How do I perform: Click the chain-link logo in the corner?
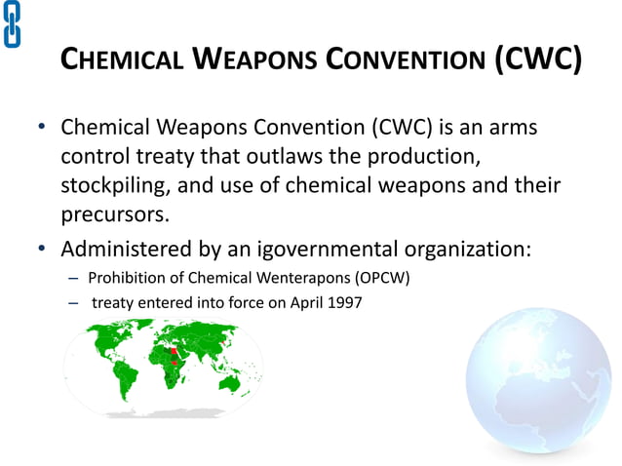click(x=13, y=23)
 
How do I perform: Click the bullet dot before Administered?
click(x=43, y=248)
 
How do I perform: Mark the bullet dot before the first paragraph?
click(x=43, y=129)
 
